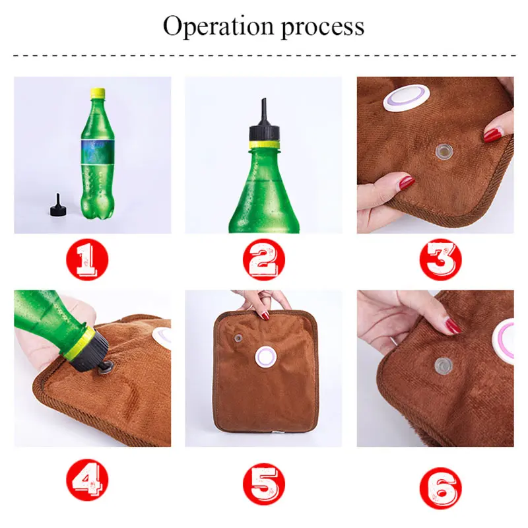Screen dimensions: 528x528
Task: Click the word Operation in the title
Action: click(x=218, y=26)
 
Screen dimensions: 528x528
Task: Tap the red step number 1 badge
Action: click(x=87, y=259)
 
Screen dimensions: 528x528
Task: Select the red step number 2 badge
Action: click(x=263, y=259)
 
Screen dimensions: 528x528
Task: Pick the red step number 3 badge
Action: click(x=440, y=259)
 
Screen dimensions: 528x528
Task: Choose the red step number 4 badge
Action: click(x=87, y=479)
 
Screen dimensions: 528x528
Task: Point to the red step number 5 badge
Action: click(x=263, y=484)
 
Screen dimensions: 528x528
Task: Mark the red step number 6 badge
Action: click(x=440, y=488)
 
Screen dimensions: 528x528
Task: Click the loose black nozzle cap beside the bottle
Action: click(x=58, y=205)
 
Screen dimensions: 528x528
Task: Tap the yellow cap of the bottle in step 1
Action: click(x=98, y=93)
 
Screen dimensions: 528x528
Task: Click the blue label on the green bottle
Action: click(x=98, y=151)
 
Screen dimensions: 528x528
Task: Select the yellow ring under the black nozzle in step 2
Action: click(x=264, y=145)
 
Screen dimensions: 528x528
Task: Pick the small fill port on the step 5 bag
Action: click(x=239, y=338)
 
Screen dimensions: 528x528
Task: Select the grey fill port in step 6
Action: click(x=443, y=366)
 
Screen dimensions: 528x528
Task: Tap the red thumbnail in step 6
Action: click(x=453, y=326)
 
